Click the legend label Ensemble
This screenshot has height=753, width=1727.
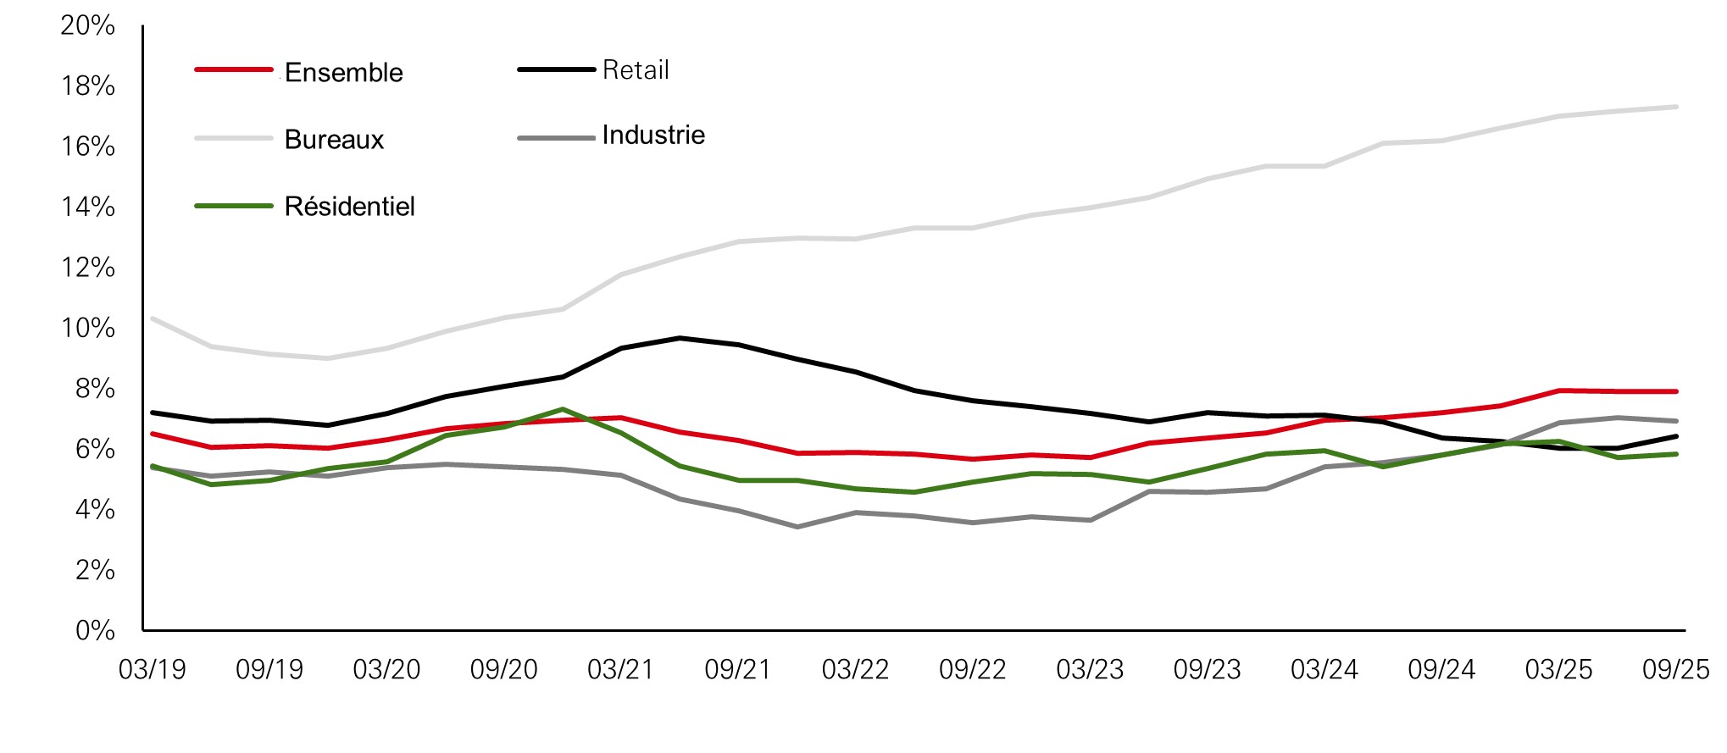(343, 73)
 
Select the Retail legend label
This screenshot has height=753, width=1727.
(636, 70)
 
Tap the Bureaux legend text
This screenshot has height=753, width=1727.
(334, 140)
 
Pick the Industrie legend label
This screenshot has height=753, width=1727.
(653, 136)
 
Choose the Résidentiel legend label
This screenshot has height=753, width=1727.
(349, 207)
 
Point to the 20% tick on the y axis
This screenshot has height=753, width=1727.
(87, 25)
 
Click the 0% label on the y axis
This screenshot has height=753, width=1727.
(95, 630)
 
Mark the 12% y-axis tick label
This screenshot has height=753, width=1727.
(87, 268)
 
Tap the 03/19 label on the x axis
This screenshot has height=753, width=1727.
(152, 670)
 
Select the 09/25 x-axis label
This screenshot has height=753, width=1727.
(1675, 670)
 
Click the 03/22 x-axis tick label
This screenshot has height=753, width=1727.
(855, 670)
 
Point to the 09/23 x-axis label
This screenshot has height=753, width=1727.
(1207, 670)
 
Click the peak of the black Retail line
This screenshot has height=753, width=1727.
(680, 338)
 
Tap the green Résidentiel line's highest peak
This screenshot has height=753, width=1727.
(563, 409)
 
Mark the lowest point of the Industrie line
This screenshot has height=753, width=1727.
(797, 527)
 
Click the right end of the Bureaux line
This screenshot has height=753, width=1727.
(1676, 107)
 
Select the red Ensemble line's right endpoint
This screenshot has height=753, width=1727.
(1676, 391)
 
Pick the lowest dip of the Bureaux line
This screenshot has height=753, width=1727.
(328, 358)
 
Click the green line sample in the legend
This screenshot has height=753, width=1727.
(234, 206)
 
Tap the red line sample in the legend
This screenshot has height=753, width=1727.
(234, 69)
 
